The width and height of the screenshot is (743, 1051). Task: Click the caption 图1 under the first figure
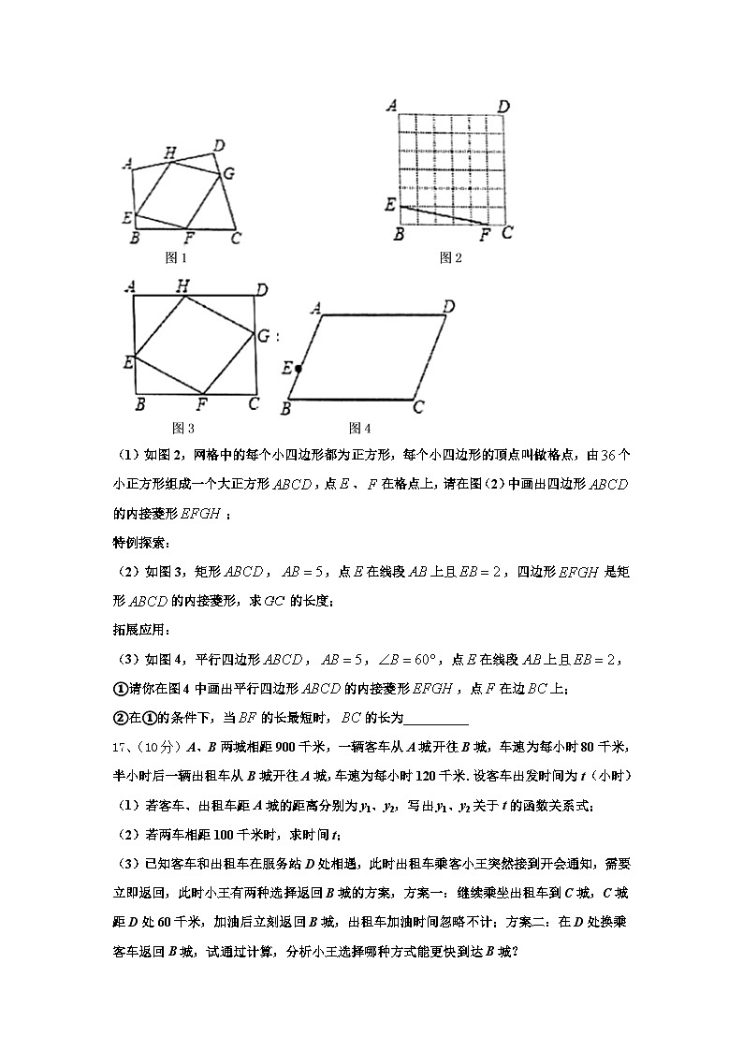pos(176,257)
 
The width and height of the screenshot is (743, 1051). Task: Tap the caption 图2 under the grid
pos(451,257)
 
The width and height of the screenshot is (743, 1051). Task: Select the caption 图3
pos(183,428)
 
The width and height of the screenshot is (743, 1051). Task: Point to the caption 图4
pos(360,428)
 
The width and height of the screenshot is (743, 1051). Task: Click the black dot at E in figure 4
pos(299,369)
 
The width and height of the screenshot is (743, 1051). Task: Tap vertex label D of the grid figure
pos(503,106)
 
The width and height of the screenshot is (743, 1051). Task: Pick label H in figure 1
pos(169,153)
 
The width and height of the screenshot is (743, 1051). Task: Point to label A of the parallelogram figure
pos(316,307)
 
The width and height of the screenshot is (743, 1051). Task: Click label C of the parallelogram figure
pos(418,407)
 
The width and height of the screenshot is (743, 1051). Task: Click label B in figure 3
pos(139,404)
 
